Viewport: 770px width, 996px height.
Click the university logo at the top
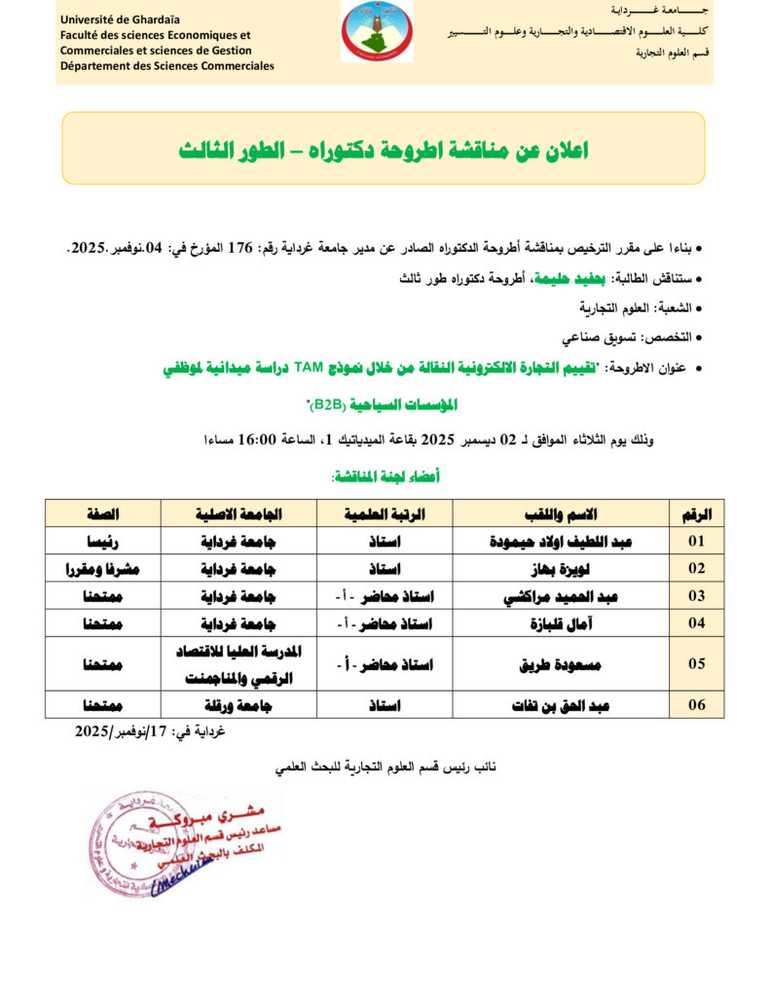click(377, 31)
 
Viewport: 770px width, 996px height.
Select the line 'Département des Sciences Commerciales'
click(166, 65)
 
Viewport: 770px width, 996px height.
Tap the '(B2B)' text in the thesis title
click(331, 403)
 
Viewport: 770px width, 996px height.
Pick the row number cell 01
click(697, 541)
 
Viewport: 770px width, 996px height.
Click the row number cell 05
click(697, 663)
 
